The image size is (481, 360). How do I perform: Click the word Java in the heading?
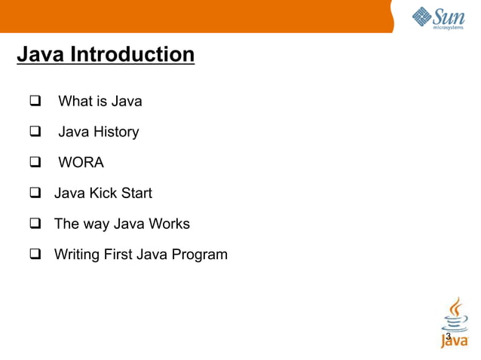pos(41,56)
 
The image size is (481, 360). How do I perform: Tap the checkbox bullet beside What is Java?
pos(35,101)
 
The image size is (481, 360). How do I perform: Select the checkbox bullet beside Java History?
pos(35,132)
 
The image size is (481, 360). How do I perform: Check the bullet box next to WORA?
pos(35,163)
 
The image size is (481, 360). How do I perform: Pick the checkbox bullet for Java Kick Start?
pos(35,194)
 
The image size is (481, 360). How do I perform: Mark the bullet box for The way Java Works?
pos(35,224)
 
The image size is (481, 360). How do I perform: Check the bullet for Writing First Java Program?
pos(35,255)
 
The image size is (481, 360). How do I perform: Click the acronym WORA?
pos(81,163)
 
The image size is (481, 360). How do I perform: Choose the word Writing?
pos(77,255)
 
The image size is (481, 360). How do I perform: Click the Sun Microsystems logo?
pos(438,17)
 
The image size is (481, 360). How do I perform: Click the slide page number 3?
pos(448,336)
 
